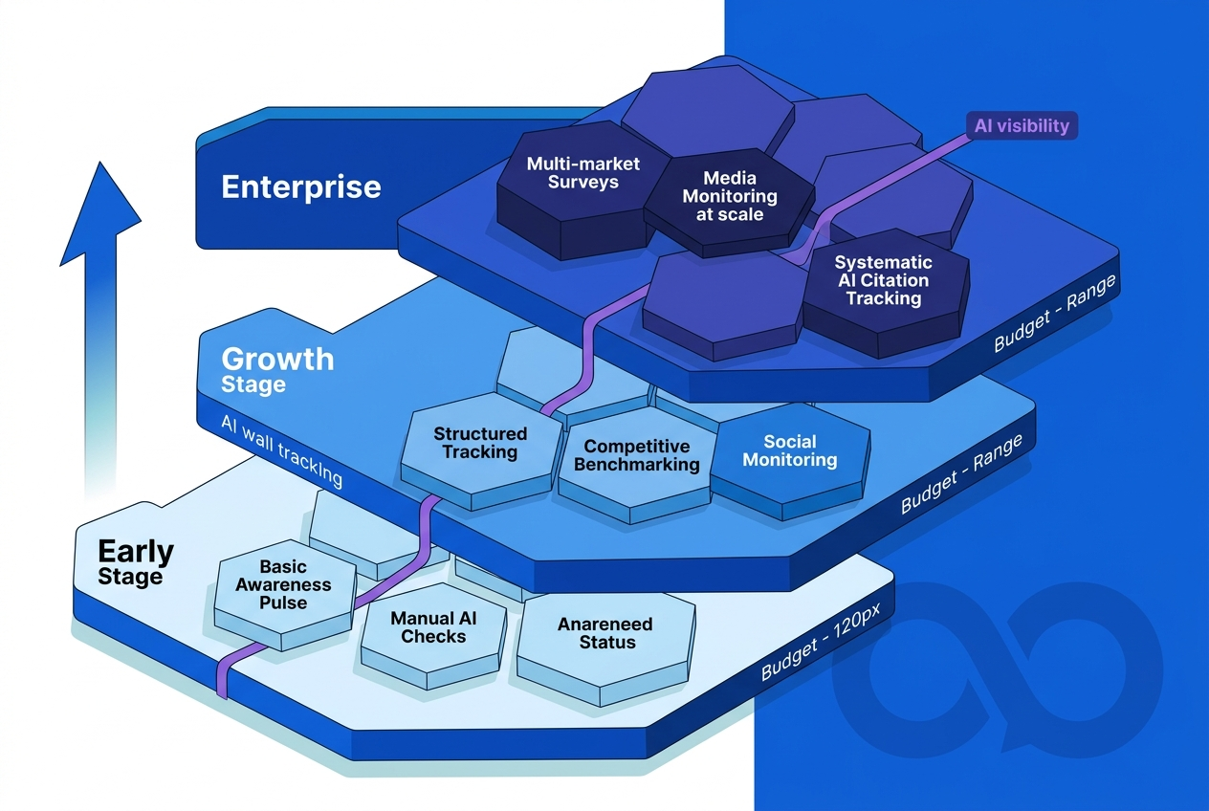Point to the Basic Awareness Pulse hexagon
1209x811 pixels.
pyautogui.click(x=282, y=585)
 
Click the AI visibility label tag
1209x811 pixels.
pyautogui.click(x=1022, y=125)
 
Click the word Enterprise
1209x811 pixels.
pyautogui.click(x=300, y=186)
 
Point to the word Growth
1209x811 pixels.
pyautogui.click(x=277, y=360)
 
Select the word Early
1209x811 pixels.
pyautogui.click(x=136, y=552)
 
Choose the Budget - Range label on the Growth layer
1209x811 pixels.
pyautogui.click(x=961, y=474)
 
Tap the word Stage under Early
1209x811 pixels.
pyautogui.click(x=130, y=577)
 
